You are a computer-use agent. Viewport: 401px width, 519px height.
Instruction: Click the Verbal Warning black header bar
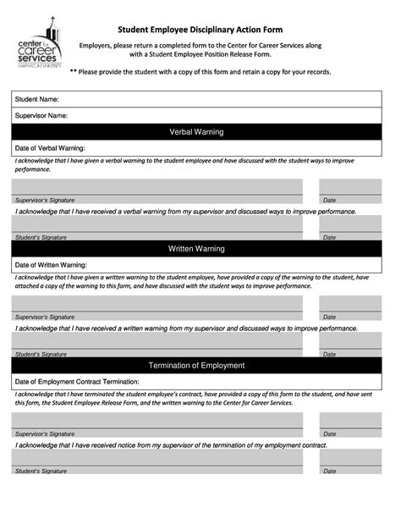(x=195, y=132)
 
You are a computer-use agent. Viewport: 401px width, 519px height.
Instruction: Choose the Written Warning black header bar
(x=195, y=249)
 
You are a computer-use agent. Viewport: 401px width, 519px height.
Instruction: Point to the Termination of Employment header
(x=195, y=366)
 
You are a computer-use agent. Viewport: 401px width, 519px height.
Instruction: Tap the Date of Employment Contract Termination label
(x=77, y=382)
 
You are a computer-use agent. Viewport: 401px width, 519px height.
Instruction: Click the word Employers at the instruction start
(x=97, y=45)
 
